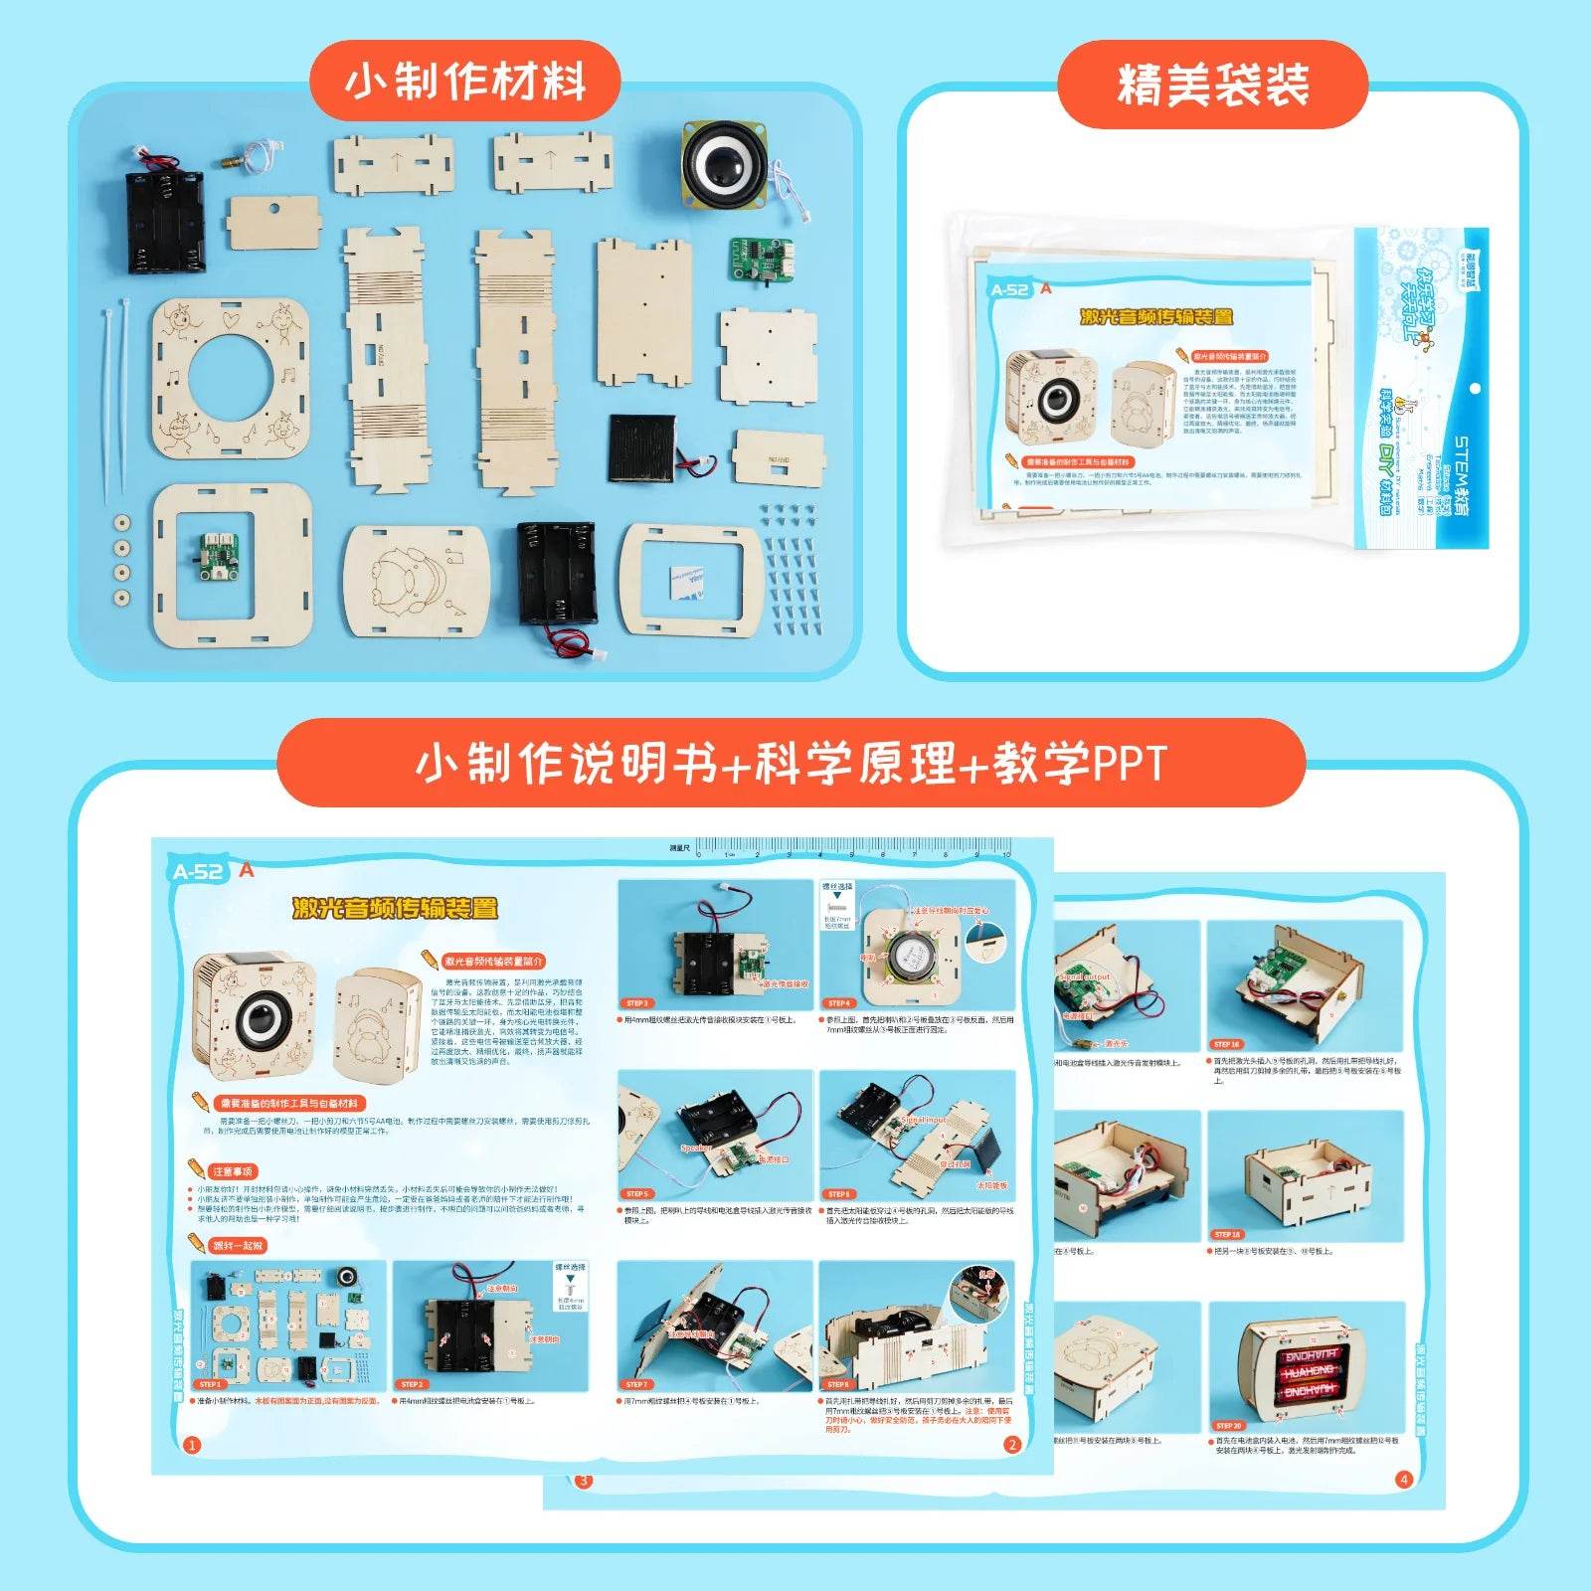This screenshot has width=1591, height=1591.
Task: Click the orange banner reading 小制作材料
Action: click(x=465, y=82)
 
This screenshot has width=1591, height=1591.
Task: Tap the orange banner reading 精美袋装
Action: click(x=1212, y=85)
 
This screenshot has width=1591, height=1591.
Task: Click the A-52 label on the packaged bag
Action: click(x=1009, y=290)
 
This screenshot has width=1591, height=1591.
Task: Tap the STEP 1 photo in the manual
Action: click(x=288, y=1326)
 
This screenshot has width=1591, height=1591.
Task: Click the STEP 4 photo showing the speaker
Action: click(x=916, y=945)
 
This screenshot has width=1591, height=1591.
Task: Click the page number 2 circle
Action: click(x=1012, y=1445)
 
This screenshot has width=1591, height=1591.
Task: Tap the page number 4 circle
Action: click(x=1404, y=1479)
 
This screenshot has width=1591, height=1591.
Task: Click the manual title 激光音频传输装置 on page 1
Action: click(x=395, y=907)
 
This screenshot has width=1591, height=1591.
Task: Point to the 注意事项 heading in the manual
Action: click(x=232, y=1171)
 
